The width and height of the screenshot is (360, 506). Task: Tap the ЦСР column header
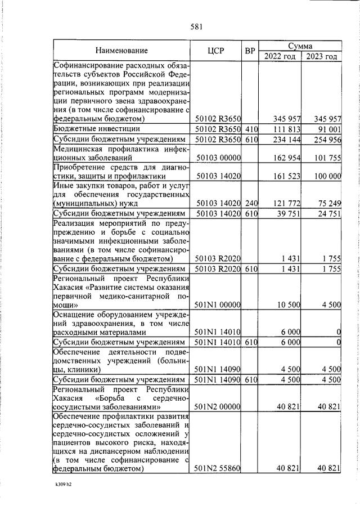pyautogui.click(x=216, y=50)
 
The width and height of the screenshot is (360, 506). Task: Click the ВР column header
pyautogui.click(x=250, y=50)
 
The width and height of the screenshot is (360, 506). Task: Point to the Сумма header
pyautogui.click(x=300, y=45)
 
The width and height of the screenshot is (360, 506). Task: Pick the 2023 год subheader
pyautogui.click(x=321, y=56)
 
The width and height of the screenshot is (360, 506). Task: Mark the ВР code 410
pyautogui.click(x=251, y=129)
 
